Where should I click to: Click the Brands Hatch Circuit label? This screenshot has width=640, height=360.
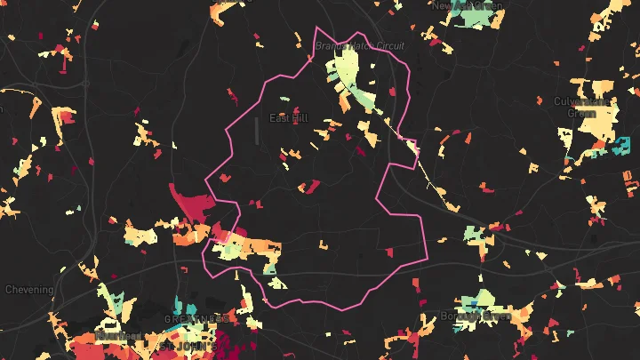(x=360, y=45)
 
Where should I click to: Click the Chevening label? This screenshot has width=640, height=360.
(x=29, y=290)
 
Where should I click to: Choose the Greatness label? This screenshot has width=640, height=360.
(x=196, y=317)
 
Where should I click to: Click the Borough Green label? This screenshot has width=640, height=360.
(x=475, y=316)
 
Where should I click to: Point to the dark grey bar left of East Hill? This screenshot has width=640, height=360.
(x=257, y=130)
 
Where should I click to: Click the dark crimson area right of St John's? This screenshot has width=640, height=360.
(x=218, y=342)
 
